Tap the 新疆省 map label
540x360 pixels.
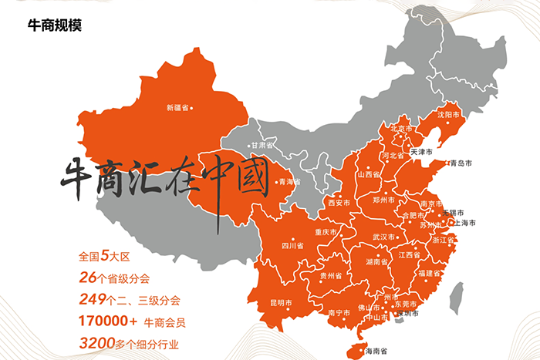click(177, 108)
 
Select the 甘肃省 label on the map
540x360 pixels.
click(261, 145)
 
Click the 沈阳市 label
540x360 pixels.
click(449, 114)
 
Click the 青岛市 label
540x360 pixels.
click(461, 163)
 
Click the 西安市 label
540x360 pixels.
click(339, 204)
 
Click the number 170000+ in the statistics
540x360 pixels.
click(108, 321)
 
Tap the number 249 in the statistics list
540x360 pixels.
click(92, 299)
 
